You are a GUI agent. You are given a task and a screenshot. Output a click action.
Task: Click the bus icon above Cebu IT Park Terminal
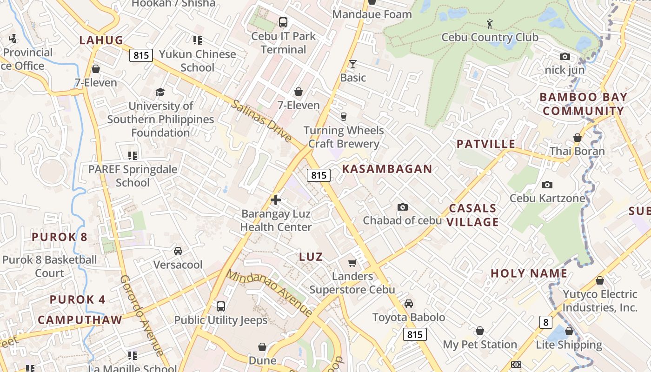[x=283, y=22]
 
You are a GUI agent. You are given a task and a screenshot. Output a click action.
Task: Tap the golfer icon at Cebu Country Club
[x=489, y=23]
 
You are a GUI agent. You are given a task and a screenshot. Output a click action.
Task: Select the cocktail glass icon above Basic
[x=353, y=64]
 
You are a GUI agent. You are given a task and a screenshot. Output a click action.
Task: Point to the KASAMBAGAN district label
[x=387, y=169]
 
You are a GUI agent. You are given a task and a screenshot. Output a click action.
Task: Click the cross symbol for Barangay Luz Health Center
[x=276, y=200]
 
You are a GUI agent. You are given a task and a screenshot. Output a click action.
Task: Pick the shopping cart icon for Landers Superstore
[x=352, y=263]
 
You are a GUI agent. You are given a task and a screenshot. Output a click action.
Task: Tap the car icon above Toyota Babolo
[x=409, y=304]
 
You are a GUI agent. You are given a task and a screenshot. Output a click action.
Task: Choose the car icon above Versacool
[x=178, y=251]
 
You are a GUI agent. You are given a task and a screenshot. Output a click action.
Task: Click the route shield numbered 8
[x=545, y=322]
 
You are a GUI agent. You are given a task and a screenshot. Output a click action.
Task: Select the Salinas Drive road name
[x=261, y=121]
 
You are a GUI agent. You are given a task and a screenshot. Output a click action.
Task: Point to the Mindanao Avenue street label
[x=270, y=293]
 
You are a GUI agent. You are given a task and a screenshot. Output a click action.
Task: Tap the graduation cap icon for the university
[x=160, y=92]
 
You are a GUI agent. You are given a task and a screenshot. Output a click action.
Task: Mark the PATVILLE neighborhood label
[x=486, y=144]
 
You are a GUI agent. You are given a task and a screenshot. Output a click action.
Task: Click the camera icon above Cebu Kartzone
[x=547, y=185]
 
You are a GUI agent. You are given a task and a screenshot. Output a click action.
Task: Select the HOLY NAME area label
[x=529, y=273]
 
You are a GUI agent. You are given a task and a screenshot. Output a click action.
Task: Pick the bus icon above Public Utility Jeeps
[x=221, y=306]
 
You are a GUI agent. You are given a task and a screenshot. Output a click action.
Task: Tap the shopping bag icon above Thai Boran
[x=577, y=138]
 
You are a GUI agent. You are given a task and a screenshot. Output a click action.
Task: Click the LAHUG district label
[x=101, y=40]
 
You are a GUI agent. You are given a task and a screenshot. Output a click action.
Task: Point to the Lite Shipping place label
[x=569, y=345]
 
